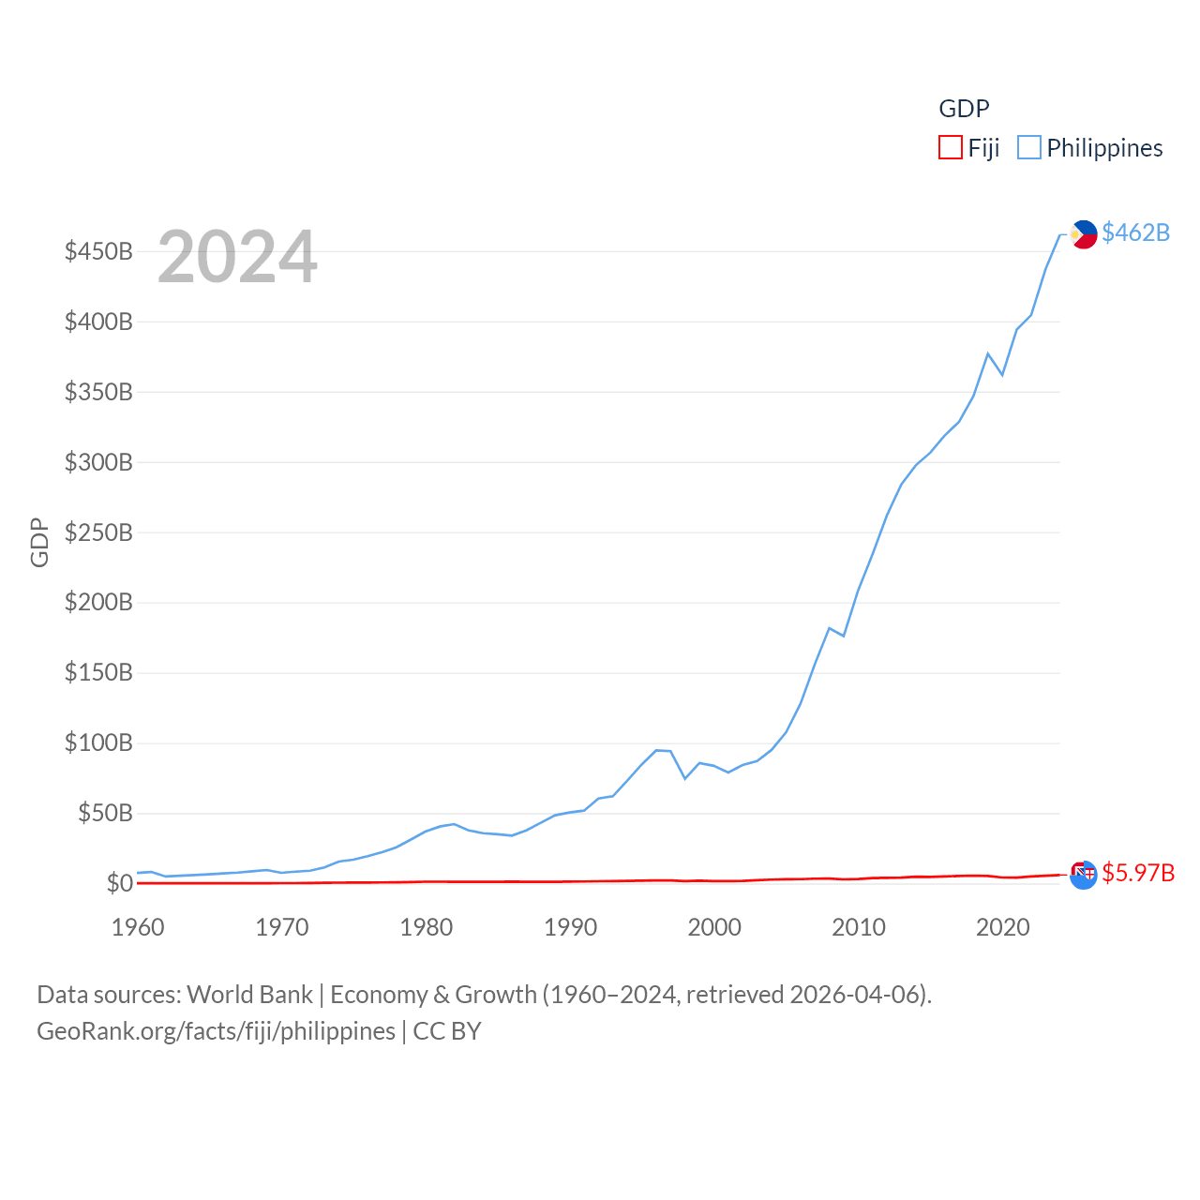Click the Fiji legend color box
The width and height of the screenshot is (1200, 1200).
point(951,148)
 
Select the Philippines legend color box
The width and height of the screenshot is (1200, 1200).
point(1029,148)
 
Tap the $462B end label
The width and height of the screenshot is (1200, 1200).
point(1135,232)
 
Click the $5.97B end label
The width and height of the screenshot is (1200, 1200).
point(1138,873)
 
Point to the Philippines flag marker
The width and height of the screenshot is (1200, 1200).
point(1084,234)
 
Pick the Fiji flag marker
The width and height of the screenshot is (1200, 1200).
point(1083,875)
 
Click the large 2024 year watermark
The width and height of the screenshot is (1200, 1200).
point(237,257)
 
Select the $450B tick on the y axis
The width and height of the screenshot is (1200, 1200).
point(98,251)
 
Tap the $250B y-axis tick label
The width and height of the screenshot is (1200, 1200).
point(98,532)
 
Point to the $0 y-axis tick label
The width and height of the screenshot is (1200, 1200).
point(119,883)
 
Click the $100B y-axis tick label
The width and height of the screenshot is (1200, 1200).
point(98,743)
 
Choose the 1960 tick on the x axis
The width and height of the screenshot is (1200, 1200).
point(138,927)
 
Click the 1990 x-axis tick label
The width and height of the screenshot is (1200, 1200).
point(570,927)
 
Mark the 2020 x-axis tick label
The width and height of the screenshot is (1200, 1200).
point(1003,927)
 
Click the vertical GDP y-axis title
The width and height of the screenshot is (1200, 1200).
point(39,542)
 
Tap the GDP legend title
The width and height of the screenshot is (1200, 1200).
point(964,109)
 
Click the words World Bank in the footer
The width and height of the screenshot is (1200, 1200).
point(249,995)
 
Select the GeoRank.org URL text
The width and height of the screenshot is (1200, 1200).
point(216,1031)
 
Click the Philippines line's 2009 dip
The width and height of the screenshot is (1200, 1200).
point(844,636)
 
